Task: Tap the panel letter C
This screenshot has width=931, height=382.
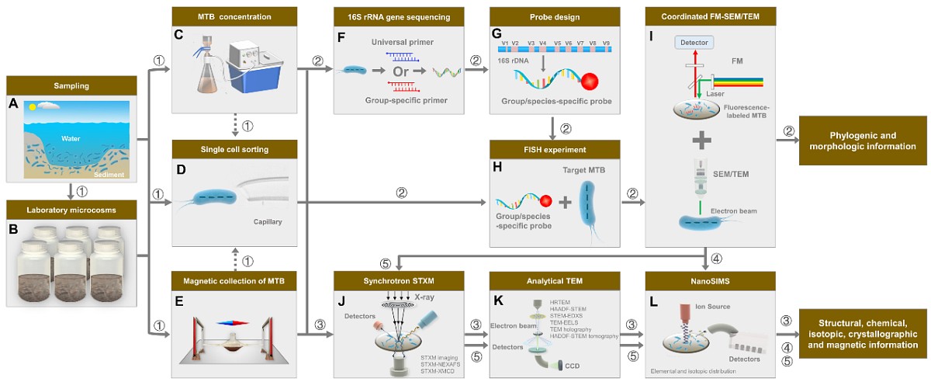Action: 179,35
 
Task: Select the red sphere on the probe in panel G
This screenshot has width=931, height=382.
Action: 590,81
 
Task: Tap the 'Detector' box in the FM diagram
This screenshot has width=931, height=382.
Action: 693,42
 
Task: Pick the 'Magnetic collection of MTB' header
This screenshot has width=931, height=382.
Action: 235,278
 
